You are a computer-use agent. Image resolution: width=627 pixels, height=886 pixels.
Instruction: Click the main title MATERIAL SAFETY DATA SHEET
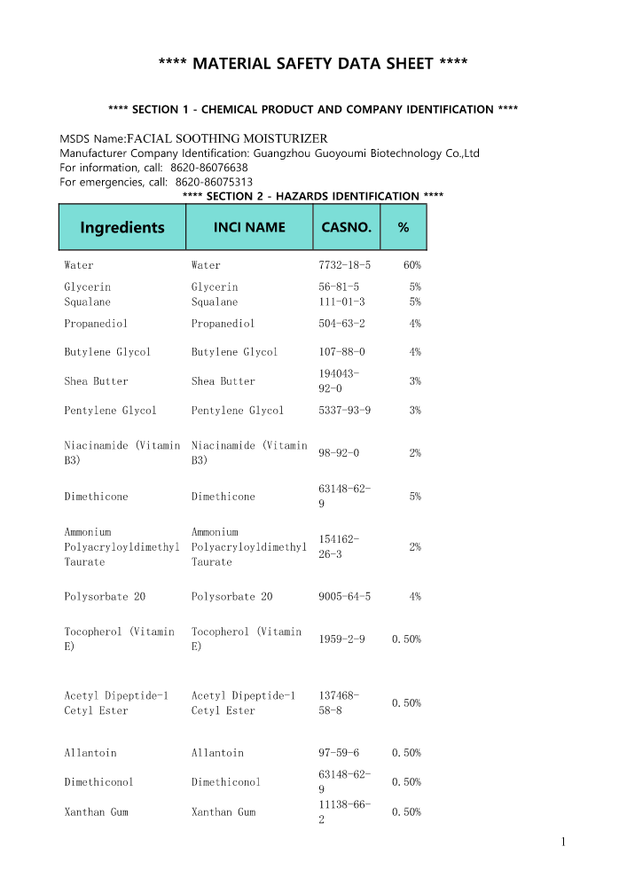click(313, 63)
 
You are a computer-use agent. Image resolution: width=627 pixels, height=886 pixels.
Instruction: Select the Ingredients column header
click(122, 227)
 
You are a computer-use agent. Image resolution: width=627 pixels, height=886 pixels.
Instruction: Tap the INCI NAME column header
click(249, 227)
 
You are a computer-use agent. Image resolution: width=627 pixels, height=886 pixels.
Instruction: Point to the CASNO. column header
click(346, 227)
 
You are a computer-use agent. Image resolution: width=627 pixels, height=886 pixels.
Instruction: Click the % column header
click(403, 227)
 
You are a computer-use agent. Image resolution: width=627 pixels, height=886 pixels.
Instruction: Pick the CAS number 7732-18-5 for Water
click(344, 265)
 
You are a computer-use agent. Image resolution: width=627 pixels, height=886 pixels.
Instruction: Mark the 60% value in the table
click(411, 265)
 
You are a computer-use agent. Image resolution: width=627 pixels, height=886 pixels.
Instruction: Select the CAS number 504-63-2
click(341, 324)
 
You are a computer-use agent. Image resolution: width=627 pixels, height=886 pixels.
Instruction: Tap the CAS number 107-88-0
click(341, 352)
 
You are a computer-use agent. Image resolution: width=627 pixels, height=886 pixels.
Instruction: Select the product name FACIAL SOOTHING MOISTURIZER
click(228, 138)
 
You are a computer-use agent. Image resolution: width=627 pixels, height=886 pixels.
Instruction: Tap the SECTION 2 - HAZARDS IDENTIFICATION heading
click(312, 196)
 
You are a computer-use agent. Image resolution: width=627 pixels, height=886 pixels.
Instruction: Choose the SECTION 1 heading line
click(312, 109)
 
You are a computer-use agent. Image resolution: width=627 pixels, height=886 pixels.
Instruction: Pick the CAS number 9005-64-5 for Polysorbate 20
click(344, 597)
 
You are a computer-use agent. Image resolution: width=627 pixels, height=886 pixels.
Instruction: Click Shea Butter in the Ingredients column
click(96, 381)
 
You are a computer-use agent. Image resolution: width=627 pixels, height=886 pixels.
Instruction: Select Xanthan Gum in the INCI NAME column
click(223, 812)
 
